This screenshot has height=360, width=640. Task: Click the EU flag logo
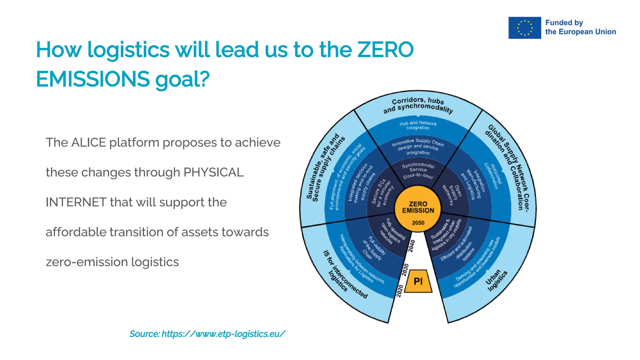coord(524,28)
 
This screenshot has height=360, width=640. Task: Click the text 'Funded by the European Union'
coord(580,27)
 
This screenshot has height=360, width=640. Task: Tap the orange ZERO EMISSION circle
coord(418,208)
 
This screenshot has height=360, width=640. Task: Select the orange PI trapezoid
coord(418,281)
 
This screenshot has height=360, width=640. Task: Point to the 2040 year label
coord(412,246)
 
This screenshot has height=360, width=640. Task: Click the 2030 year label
coord(405,270)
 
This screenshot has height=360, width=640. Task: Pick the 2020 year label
coord(400,291)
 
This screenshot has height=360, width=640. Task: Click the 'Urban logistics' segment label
coord(496,280)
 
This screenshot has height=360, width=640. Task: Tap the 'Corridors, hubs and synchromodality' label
coord(418,105)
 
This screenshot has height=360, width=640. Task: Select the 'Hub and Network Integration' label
coord(418,125)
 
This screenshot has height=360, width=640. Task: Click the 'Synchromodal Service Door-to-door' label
coord(418,171)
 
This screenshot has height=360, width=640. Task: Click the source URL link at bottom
coord(207,334)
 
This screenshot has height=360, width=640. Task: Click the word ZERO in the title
coord(385,50)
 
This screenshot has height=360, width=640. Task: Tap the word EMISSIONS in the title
coord(93,79)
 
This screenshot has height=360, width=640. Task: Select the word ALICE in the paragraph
coord(89,142)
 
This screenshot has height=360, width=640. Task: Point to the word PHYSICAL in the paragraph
coord(213,172)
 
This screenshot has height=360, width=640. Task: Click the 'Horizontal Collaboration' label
coord(493,176)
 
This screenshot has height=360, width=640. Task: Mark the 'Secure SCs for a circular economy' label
coord(382,193)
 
